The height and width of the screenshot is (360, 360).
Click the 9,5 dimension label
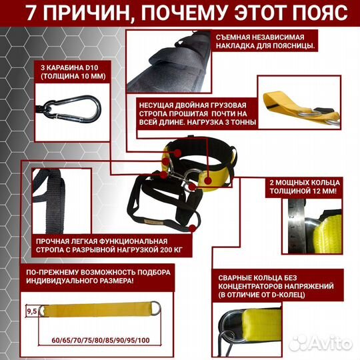click(31, 310)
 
